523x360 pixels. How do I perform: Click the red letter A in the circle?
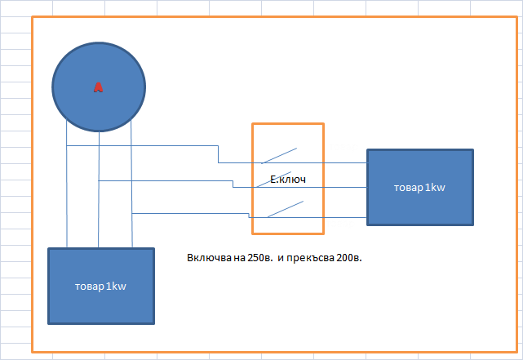pos(99,87)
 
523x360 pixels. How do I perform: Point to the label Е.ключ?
pos(287,179)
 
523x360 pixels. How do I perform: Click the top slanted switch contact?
pos(280,154)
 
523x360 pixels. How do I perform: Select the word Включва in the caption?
pos(207,258)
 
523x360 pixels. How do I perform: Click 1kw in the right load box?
pos(434,188)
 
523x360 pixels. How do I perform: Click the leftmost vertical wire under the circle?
pos(67,196)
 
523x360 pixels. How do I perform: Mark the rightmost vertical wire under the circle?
pos(131,196)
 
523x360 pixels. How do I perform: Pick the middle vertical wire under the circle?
pos(99,196)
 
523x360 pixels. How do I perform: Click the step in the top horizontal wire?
pos(219,154)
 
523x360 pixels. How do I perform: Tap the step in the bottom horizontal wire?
pos(248,216)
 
